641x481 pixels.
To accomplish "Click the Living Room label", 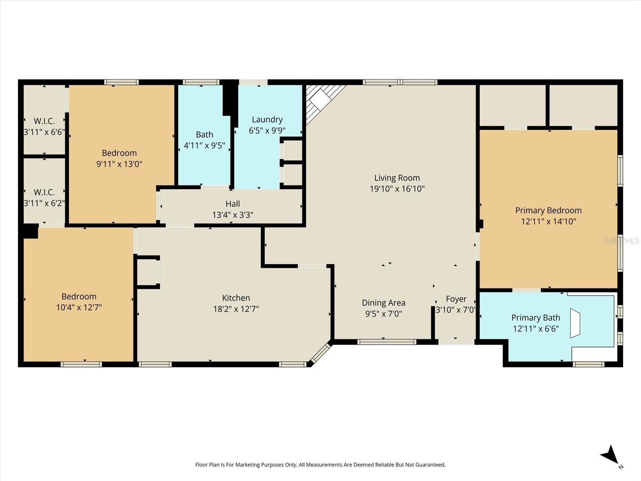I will tap(397, 178).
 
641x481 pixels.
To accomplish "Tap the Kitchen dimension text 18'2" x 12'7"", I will tap(236, 309).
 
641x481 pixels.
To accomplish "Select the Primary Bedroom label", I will tap(548, 210).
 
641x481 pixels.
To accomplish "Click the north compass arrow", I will tap(610, 455).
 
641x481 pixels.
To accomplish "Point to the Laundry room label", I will tap(267, 119).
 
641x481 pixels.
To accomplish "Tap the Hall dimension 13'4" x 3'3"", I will tap(232, 215).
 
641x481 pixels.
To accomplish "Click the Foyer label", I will tap(456, 299).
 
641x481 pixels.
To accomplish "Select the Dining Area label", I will tap(383, 303).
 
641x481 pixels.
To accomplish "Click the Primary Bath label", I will tap(535, 318).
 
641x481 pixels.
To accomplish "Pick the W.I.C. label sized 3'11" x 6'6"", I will tap(44, 121).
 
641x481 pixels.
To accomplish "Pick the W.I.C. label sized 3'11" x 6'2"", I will tap(44, 192).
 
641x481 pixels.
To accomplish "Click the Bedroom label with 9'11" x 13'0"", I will tap(119, 153).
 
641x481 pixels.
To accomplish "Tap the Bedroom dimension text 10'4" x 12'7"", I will tap(79, 307).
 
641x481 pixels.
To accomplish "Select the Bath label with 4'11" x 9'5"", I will tap(204, 135).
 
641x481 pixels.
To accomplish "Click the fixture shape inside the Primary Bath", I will tap(575, 323).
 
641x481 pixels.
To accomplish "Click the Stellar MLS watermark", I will tap(621, 240).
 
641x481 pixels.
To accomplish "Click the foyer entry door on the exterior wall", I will tap(456, 342).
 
